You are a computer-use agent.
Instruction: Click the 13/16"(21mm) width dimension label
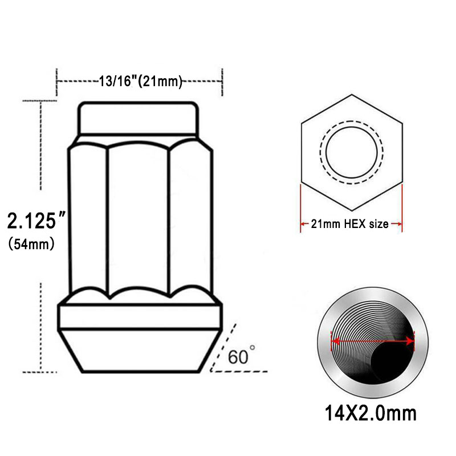tap(140, 81)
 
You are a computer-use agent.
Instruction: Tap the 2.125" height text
tap(36, 221)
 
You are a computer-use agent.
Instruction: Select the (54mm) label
tap(31, 244)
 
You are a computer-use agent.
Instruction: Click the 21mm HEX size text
tap(349, 224)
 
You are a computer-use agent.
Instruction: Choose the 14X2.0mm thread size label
tap(370, 413)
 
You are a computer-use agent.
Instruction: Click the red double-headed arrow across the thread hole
tap(373, 341)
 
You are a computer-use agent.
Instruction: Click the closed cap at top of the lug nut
tap(138, 119)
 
